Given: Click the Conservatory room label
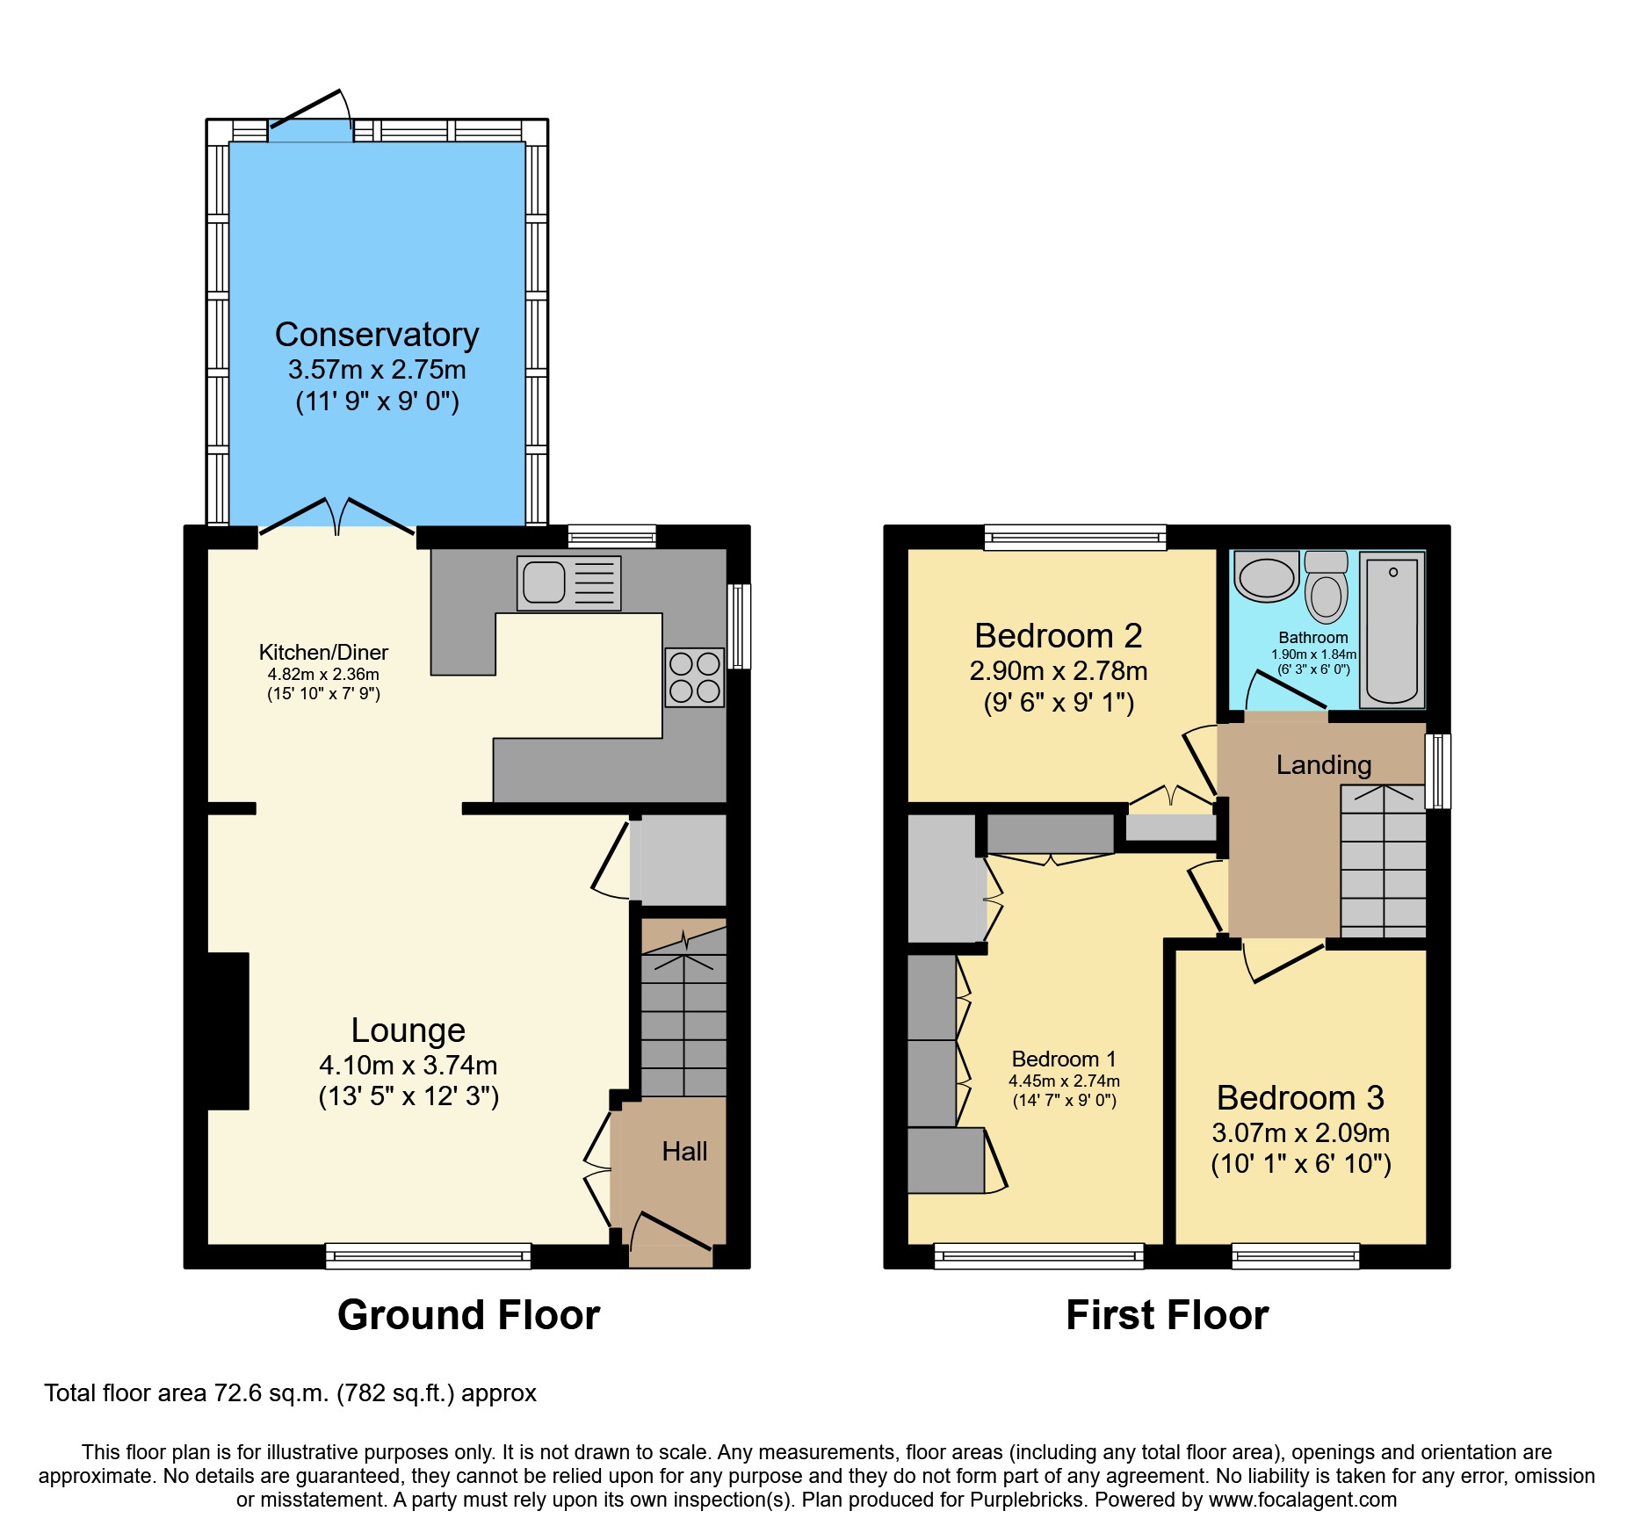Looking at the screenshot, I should [377, 335].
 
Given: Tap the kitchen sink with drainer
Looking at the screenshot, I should [568, 582].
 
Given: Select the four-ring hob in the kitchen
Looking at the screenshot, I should [694, 677].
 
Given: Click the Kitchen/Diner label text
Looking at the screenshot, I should [323, 653].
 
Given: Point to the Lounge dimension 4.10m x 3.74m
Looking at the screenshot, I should [408, 1066].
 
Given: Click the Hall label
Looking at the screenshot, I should [684, 1152].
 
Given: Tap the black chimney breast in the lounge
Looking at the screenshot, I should [227, 1030].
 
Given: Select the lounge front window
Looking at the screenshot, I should [428, 1256].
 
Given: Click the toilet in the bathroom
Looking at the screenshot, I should [1326, 589].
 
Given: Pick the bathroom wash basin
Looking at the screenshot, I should [1266, 577].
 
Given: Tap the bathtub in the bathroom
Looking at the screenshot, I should [1392, 629].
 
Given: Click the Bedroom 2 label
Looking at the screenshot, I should [1058, 636].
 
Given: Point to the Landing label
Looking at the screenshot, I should [1323, 765].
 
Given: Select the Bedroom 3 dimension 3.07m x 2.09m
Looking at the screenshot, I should [1300, 1133].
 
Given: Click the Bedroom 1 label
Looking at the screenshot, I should [1063, 1059].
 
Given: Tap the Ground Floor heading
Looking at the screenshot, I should [468, 1316].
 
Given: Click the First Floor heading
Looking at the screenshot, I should [1167, 1316].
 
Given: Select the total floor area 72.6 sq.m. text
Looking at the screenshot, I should [290, 1393].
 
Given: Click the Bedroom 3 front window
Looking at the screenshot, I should [1295, 1256].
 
